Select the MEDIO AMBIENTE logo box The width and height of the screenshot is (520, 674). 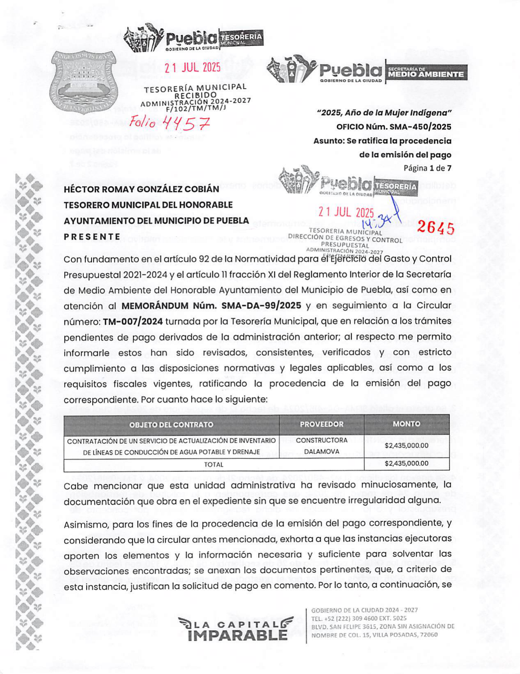pos(426,73)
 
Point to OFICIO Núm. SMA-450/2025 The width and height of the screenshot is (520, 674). pos(394,127)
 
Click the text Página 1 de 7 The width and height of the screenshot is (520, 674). pos(427,168)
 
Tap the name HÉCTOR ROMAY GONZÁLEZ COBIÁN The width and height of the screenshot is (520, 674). pos(141,189)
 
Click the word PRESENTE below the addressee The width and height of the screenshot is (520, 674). pos(92,237)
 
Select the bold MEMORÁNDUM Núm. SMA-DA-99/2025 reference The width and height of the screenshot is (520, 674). pos(211,306)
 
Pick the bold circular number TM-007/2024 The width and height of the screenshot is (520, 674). pos(133,321)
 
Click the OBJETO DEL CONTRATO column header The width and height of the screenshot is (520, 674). pos(171,425)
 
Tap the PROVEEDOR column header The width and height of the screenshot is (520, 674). pos(322,424)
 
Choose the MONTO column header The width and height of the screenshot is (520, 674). pos(406,424)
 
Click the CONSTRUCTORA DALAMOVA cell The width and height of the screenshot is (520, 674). pos(322,446)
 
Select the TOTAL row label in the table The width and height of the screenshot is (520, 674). pos(214,465)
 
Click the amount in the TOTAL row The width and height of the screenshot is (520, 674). pos(406,464)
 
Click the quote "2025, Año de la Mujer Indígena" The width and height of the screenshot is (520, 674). pos(384,113)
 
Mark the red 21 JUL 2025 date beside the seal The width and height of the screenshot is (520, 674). pos(193,68)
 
